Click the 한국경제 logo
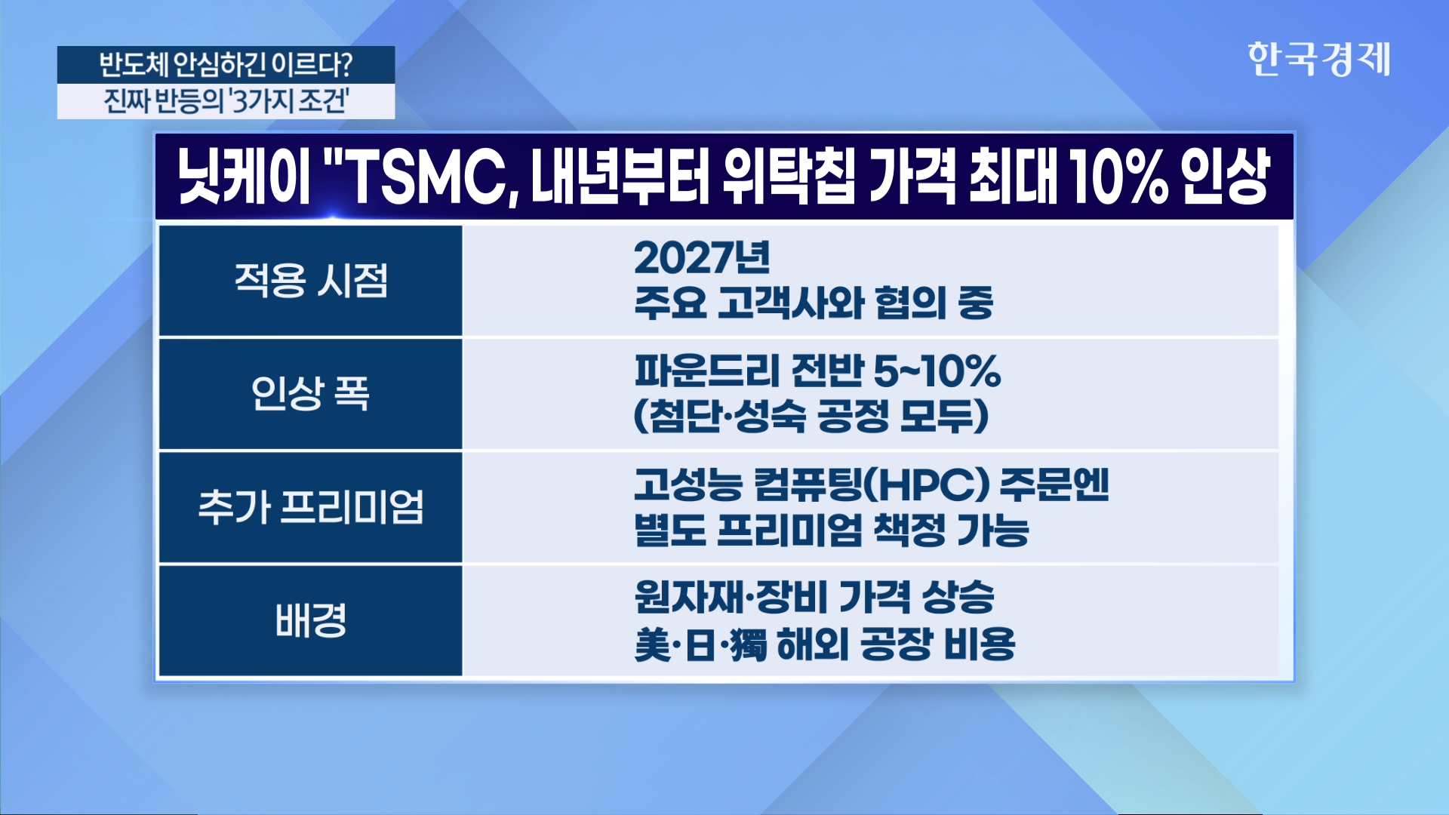(1318, 59)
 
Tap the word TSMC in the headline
(426, 178)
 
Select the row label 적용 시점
(311, 281)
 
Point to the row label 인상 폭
(311, 393)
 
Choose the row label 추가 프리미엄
(311, 506)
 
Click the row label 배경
(311, 620)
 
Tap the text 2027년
(702, 258)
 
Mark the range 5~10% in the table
(937, 371)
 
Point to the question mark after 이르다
(346, 65)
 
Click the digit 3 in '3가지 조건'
(241, 101)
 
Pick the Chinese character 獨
(749, 644)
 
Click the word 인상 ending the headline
(1226, 178)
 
